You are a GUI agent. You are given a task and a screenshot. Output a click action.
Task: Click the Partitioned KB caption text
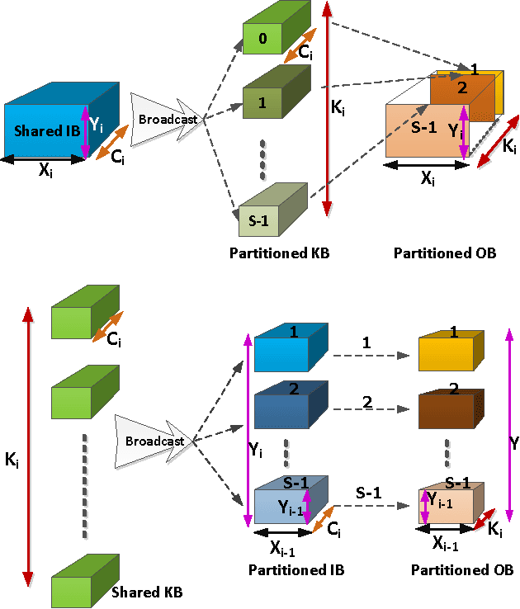279,253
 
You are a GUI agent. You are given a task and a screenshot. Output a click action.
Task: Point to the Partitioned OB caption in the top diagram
445,253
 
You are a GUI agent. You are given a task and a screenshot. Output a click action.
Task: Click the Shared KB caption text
146,592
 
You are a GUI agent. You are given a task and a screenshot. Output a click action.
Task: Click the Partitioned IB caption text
295,570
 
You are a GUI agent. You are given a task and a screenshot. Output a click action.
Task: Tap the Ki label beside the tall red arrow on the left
12,461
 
